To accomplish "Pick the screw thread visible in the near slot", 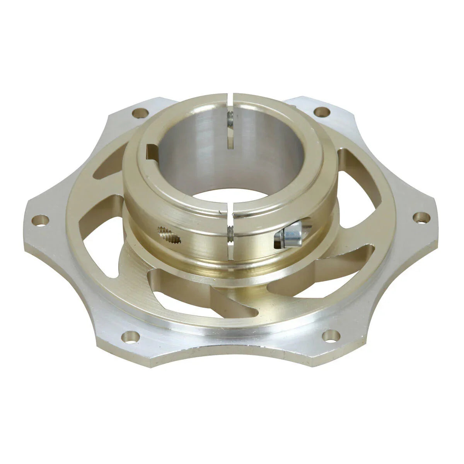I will click(x=230, y=234).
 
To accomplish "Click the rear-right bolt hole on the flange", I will click(x=322, y=112).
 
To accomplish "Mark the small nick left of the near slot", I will click(x=220, y=212).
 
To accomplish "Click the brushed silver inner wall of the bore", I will click(x=193, y=155).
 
